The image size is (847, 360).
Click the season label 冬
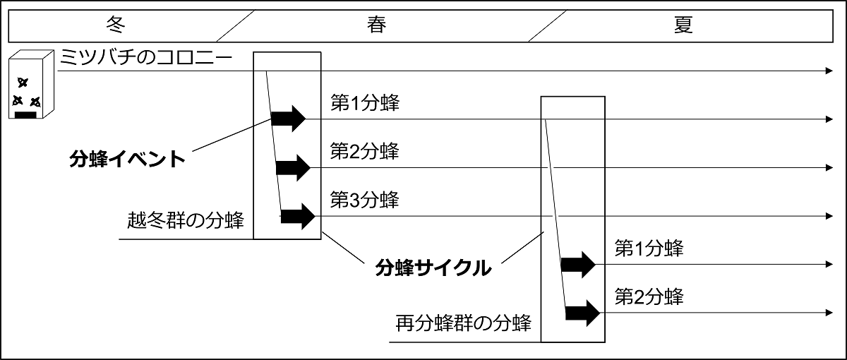coord(115,25)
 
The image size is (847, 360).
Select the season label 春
coord(376,25)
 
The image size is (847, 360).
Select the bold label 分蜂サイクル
coord(433,268)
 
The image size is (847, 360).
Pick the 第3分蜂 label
coord(364,200)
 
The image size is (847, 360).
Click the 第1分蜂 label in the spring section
coord(364,103)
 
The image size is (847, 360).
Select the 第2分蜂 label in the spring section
coord(364,152)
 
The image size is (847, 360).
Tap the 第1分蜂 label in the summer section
coord(649,248)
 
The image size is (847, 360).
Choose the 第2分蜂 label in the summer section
coord(649,296)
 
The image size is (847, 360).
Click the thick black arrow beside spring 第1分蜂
coord(289,119)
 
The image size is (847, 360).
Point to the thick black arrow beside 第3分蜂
coord(297,216)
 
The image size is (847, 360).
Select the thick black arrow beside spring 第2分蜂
coord(293,167)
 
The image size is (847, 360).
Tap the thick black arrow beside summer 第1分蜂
coord(578,265)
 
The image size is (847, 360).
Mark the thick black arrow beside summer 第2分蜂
coord(582,311)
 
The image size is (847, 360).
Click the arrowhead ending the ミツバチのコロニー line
coord(829,71)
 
